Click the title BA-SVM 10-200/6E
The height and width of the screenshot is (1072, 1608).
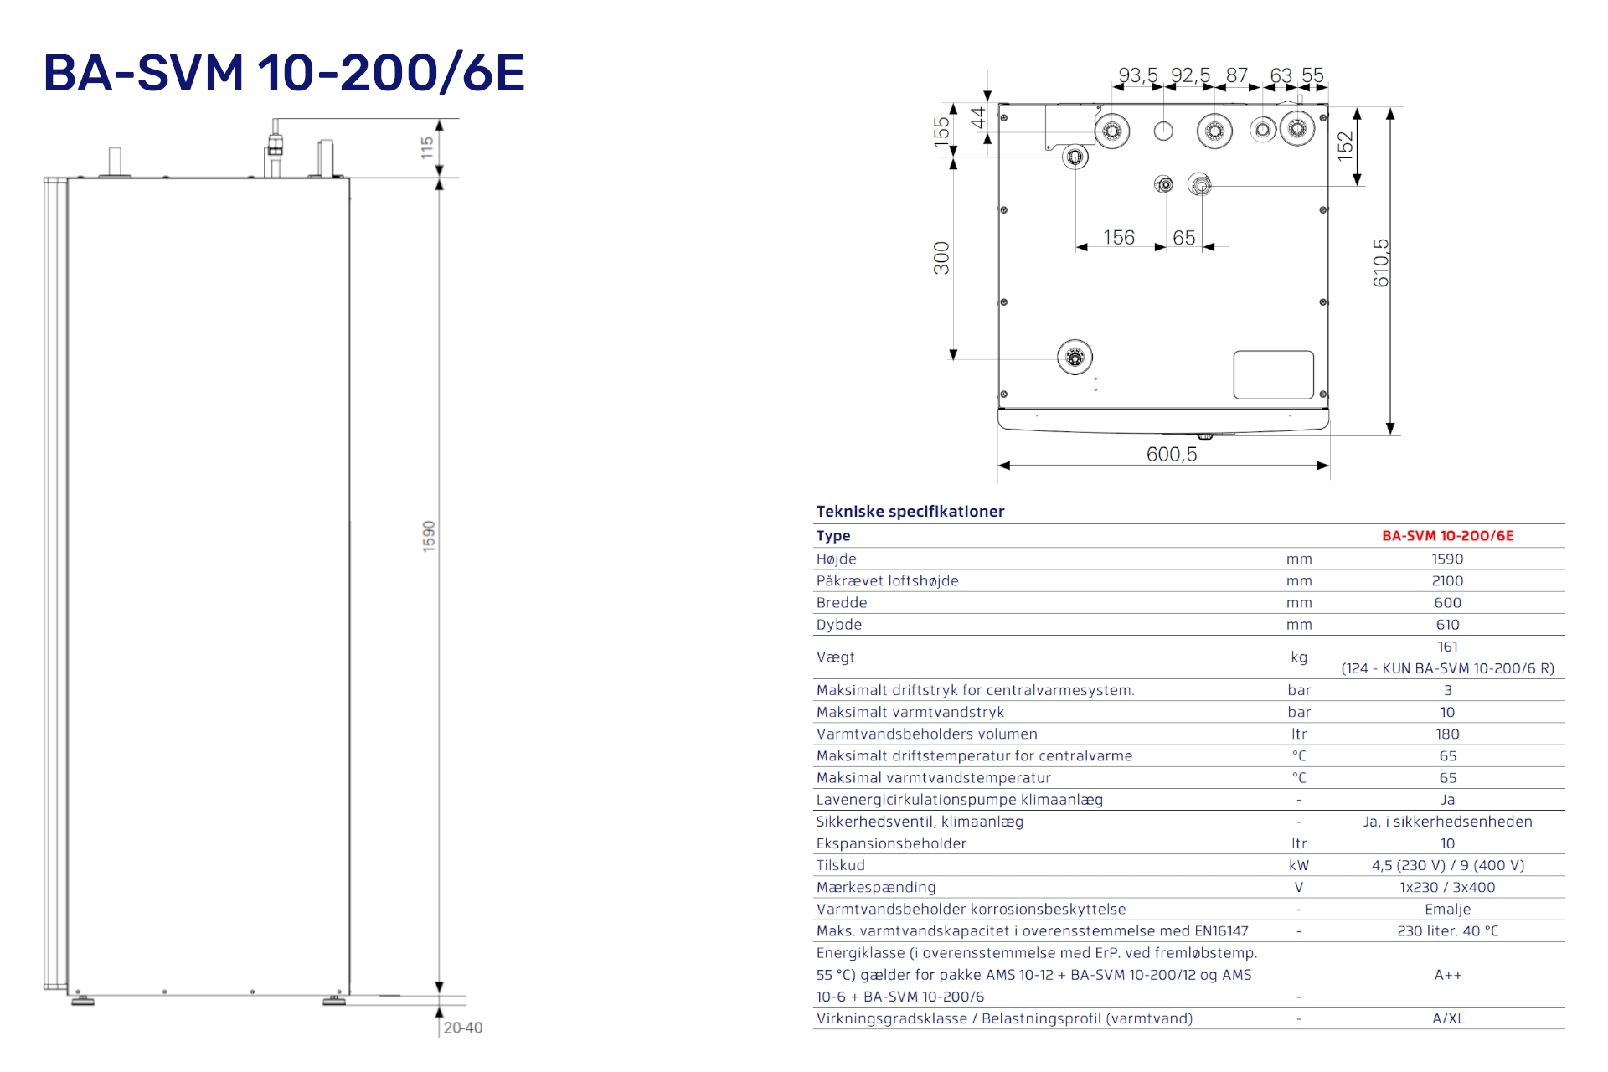point(284,73)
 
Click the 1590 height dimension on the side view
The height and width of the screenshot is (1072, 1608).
point(429,536)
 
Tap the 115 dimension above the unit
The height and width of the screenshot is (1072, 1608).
point(427,147)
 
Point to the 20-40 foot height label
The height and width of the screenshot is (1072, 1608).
point(463,1028)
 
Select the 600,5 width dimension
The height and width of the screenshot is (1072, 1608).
point(1171,454)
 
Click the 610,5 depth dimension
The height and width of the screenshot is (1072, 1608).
point(1381,263)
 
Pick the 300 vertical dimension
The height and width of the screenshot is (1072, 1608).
point(941,258)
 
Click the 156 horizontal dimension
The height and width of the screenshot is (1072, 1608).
point(1118,238)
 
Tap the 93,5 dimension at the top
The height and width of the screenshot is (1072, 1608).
point(1137,75)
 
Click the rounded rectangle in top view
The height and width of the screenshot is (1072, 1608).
point(1273,375)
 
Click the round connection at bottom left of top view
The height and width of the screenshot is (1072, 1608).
point(1075,358)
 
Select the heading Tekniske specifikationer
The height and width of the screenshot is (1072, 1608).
point(910,512)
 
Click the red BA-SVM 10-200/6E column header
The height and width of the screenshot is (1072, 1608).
point(1447,536)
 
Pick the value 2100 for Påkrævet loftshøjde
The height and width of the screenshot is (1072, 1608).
point(1447,581)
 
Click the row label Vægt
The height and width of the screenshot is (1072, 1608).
point(835,657)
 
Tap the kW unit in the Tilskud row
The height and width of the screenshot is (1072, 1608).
point(1299,866)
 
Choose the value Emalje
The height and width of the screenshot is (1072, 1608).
point(1447,910)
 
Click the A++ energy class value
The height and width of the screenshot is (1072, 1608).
point(1447,975)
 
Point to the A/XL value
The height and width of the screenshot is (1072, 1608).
point(1447,1019)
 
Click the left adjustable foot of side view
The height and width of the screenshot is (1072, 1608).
point(82,1000)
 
